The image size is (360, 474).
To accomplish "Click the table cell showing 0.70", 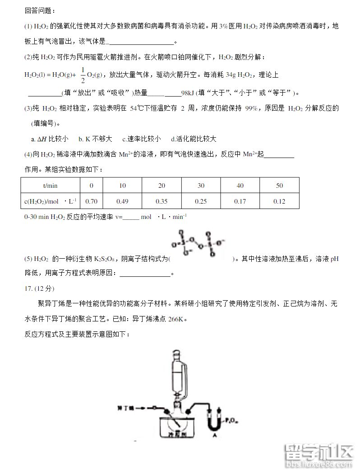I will (x=92, y=201).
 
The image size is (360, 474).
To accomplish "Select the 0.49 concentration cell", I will (x=122, y=201).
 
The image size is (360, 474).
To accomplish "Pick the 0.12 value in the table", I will (x=279, y=201).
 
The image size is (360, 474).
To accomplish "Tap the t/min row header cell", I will (x=50, y=186).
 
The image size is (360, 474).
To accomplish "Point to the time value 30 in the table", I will (x=201, y=186).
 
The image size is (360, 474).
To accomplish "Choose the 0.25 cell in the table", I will (x=201, y=201).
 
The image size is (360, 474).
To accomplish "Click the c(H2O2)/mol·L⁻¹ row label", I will (x=50, y=201).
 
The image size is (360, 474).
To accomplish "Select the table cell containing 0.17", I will (x=240, y=201).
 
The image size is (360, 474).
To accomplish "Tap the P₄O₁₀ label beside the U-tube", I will (x=230, y=420).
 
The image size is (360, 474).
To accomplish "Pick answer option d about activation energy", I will (x=194, y=139).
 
